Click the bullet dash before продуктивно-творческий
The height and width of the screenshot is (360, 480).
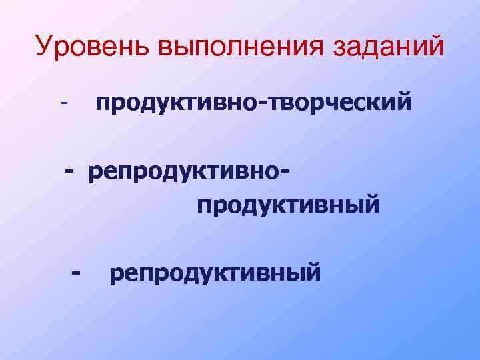pyautogui.click(x=65, y=105)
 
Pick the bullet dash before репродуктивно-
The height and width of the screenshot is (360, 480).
pyautogui.click(x=70, y=171)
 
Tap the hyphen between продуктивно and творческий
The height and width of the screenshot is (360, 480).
pyautogui.click(x=266, y=106)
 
